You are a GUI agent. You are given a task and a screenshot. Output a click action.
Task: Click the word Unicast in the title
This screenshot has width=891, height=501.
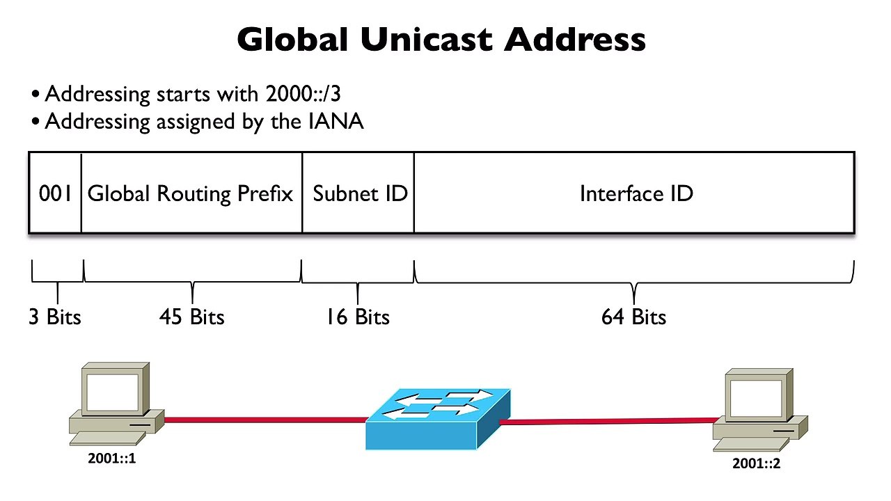pyautogui.click(x=427, y=40)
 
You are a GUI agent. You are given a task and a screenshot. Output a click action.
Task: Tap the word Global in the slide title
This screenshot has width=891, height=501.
pyautogui.click(x=293, y=40)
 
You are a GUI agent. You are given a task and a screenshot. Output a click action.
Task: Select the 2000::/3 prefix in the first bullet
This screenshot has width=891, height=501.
pyautogui.click(x=303, y=94)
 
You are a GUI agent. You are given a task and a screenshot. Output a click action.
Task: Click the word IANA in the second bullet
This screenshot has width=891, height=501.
pyautogui.click(x=336, y=121)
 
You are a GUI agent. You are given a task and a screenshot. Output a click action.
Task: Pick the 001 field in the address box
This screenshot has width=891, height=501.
pyautogui.click(x=55, y=193)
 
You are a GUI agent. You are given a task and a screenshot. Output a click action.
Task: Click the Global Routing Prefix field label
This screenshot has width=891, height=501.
pyautogui.click(x=190, y=194)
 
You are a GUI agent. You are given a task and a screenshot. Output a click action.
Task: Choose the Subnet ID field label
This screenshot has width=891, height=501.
pyautogui.click(x=360, y=193)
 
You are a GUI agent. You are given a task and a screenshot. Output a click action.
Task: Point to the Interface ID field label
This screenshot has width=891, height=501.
pyautogui.click(x=636, y=193)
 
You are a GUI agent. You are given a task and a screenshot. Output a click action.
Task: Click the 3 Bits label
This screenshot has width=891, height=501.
pyautogui.click(x=55, y=317)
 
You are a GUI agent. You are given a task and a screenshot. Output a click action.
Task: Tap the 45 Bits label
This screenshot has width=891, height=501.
pyautogui.click(x=191, y=317)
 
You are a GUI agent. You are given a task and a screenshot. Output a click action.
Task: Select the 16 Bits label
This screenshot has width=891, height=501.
pyautogui.click(x=358, y=317)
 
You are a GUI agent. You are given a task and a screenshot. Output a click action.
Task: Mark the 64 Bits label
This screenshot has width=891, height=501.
pyautogui.click(x=633, y=317)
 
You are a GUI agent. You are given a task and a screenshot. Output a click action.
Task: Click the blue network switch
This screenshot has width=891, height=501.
pyautogui.click(x=438, y=419)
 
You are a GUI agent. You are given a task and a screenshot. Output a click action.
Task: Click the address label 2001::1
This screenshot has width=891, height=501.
pyautogui.click(x=112, y=459)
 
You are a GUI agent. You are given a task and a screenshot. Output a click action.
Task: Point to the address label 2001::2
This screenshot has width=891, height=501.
pyautogui.click(x=756, y=463)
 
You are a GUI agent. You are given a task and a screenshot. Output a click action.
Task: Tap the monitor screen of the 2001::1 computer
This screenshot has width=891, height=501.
pyautogui.click(x=113, y=392)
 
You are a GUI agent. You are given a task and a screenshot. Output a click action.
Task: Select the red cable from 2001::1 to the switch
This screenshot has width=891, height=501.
pyautogui.click(x=265, y=420)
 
